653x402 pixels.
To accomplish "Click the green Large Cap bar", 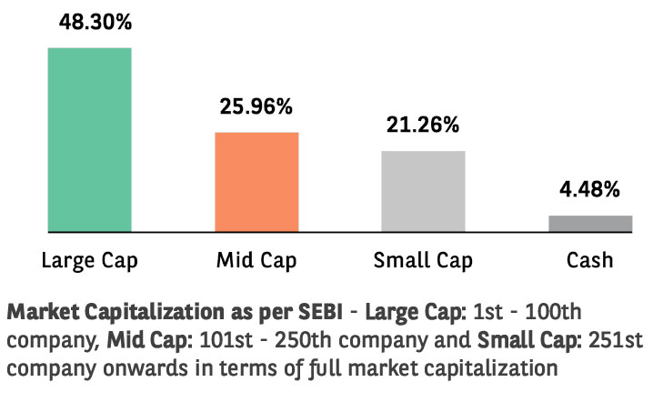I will click(x=89, y=139).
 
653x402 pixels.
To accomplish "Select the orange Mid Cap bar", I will click(x=256, y=182).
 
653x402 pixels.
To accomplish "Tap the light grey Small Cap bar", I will click(x=423, y=191).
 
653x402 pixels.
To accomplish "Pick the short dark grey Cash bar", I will click(x=590, y=224).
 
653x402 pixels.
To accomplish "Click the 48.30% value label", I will click(x=89, y=22).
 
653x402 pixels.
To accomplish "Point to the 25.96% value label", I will click(x=256, y=106).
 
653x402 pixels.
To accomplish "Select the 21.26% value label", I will click(x=423, y=126).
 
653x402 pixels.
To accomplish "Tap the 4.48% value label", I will click(x=590, y=190).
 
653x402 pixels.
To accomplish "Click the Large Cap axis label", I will click(x=89, y=261).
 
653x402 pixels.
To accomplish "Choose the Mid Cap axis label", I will click(x=256, y=261).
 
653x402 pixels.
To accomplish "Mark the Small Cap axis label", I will click(x=423, y=261).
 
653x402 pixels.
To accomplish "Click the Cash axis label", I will click(x=590, y=261).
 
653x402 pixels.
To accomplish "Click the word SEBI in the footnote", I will click(x=318, y=312).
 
